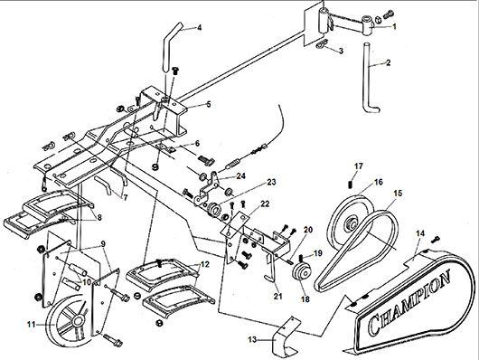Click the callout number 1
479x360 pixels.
pos(394,26)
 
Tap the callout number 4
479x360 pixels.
pos(200,28)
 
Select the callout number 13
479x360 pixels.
pos(252,339)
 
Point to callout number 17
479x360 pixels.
pos(358,166)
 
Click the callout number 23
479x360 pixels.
pos(271,183)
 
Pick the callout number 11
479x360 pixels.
pos(32,324)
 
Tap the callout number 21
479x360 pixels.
pos(277,296)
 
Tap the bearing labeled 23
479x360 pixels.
pos(216,211)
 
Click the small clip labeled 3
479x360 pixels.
pos(321,44)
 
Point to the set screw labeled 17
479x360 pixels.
pos(351,185)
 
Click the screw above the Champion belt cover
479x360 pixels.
pos(436,240)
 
